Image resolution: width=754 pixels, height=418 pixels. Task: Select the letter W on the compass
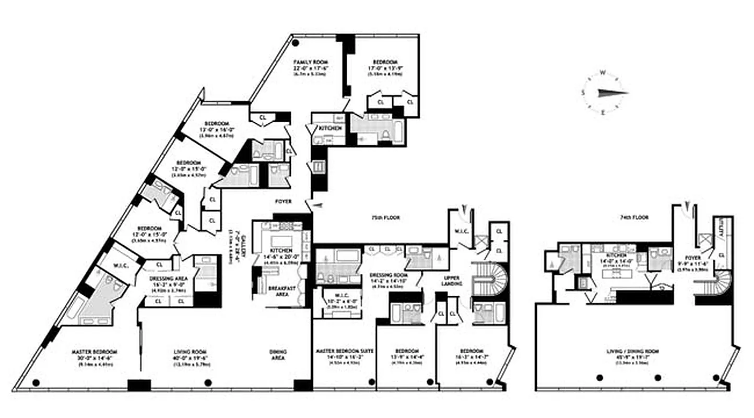coord(602,73)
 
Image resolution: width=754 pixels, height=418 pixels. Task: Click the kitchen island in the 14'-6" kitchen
coord(281,241)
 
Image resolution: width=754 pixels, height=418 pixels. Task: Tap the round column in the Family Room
coord(296,43)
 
